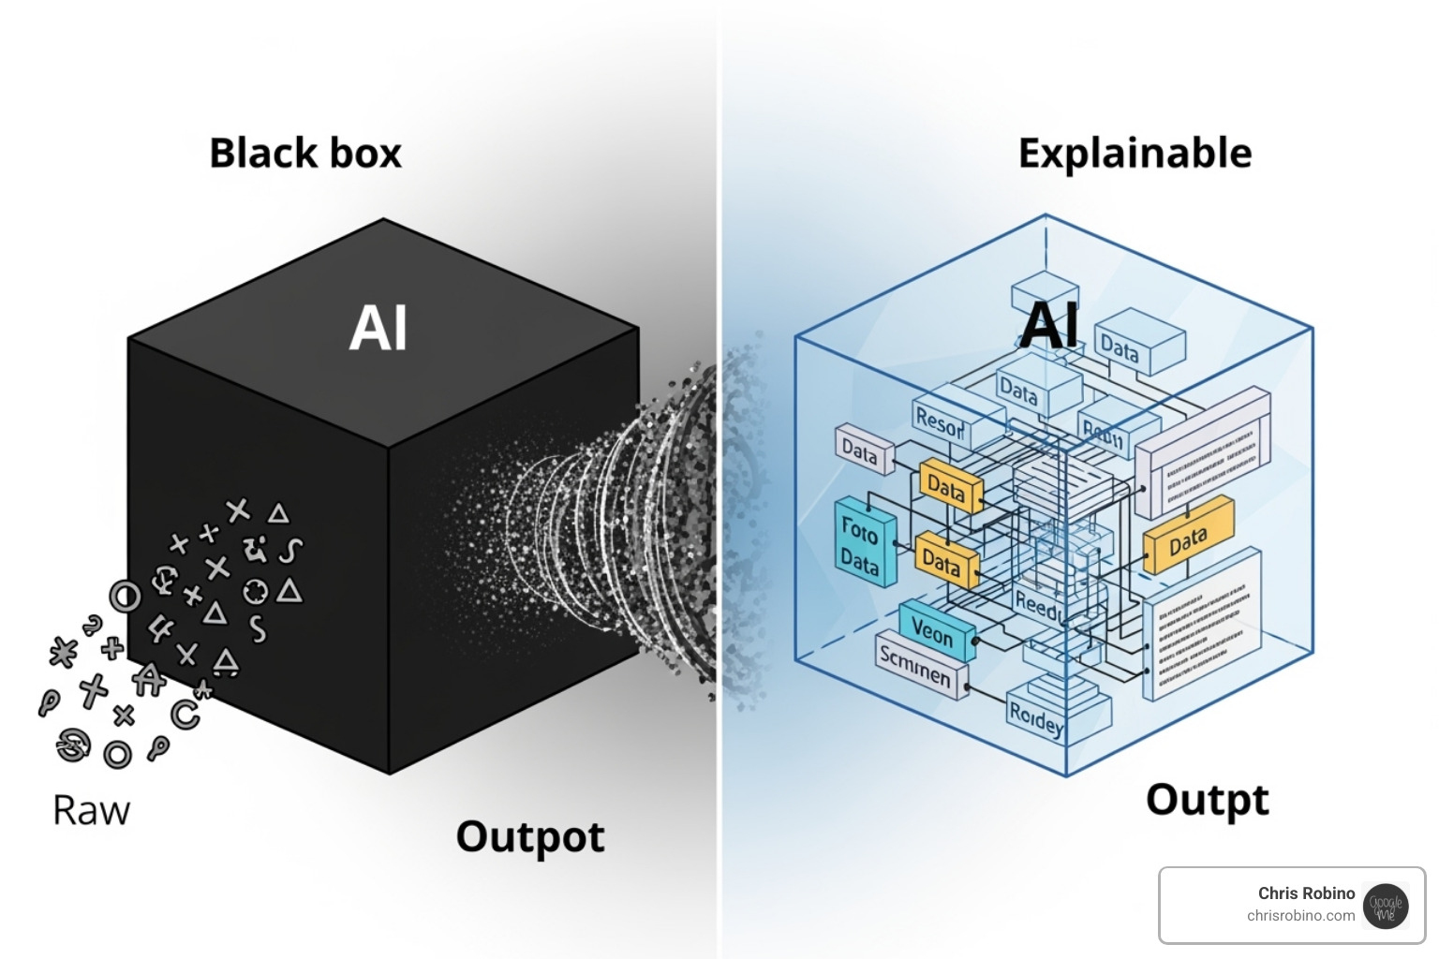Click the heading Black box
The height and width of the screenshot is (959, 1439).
[305, 154]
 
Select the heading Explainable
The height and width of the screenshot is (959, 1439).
[1135, 154]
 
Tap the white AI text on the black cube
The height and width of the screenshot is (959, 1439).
[378, 329]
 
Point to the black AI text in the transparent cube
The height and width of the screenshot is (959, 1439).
[1049, 325]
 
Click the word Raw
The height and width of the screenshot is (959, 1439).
[91, 811]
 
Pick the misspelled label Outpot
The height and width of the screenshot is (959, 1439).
[530, 836]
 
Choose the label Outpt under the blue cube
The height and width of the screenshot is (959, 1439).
[1207, 801]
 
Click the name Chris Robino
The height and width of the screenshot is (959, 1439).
[1306, 893]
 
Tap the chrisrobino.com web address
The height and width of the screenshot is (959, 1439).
[1300, 916]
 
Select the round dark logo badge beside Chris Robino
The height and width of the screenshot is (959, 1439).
[1386, 906]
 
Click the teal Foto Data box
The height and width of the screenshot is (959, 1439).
[862, 543]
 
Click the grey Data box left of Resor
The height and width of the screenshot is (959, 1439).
[861, 450]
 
